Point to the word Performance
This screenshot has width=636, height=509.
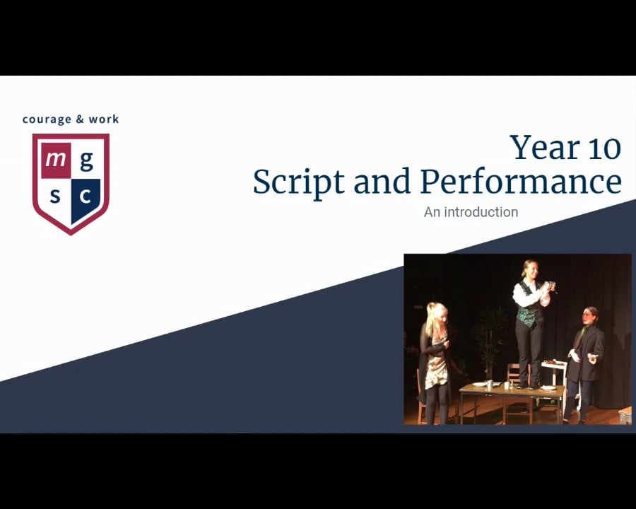click(521, 182)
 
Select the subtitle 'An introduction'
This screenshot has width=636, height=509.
click(471, 212)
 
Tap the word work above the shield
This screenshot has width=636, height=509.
click(104, 119)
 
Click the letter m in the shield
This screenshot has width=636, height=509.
click(54, 159)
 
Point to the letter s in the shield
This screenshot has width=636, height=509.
click(55, 194)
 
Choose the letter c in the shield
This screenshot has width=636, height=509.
click(86, 195)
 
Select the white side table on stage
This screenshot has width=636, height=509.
click(555, 368)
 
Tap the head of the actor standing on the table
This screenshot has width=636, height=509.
click(529, 269)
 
